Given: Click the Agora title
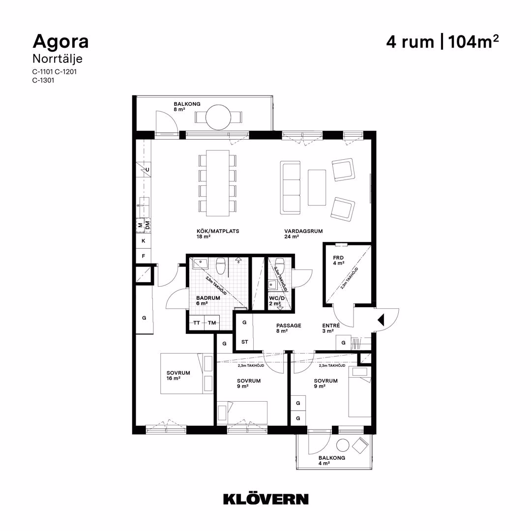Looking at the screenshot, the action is pos(60,42).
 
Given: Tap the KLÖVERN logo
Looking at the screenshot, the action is pos(266,499).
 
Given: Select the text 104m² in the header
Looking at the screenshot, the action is pos(473,42).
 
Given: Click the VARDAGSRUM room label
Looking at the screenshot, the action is pos(303,231).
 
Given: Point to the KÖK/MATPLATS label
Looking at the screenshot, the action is pos(218,231).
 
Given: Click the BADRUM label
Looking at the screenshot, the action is pos(208,298).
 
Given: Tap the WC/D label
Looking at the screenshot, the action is pos(277,298).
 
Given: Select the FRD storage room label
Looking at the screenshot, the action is pos(338,258).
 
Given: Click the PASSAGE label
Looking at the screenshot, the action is pos(289,325).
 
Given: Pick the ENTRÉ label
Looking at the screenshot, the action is pos(331,325).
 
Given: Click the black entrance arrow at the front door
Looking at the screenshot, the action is pos(381,320).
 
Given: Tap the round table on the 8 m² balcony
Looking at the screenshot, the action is pos(218,118).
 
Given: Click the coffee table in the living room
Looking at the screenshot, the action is pos(317,188).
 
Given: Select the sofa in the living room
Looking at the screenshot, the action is pos(290,188).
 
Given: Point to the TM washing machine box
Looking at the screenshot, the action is pos(212,323).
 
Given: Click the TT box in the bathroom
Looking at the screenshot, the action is pos(197,323).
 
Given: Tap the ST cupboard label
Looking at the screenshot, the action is pos(244,342).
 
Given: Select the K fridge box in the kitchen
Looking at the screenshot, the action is pos(144,241).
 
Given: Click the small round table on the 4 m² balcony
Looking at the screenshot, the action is pos(343,445).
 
